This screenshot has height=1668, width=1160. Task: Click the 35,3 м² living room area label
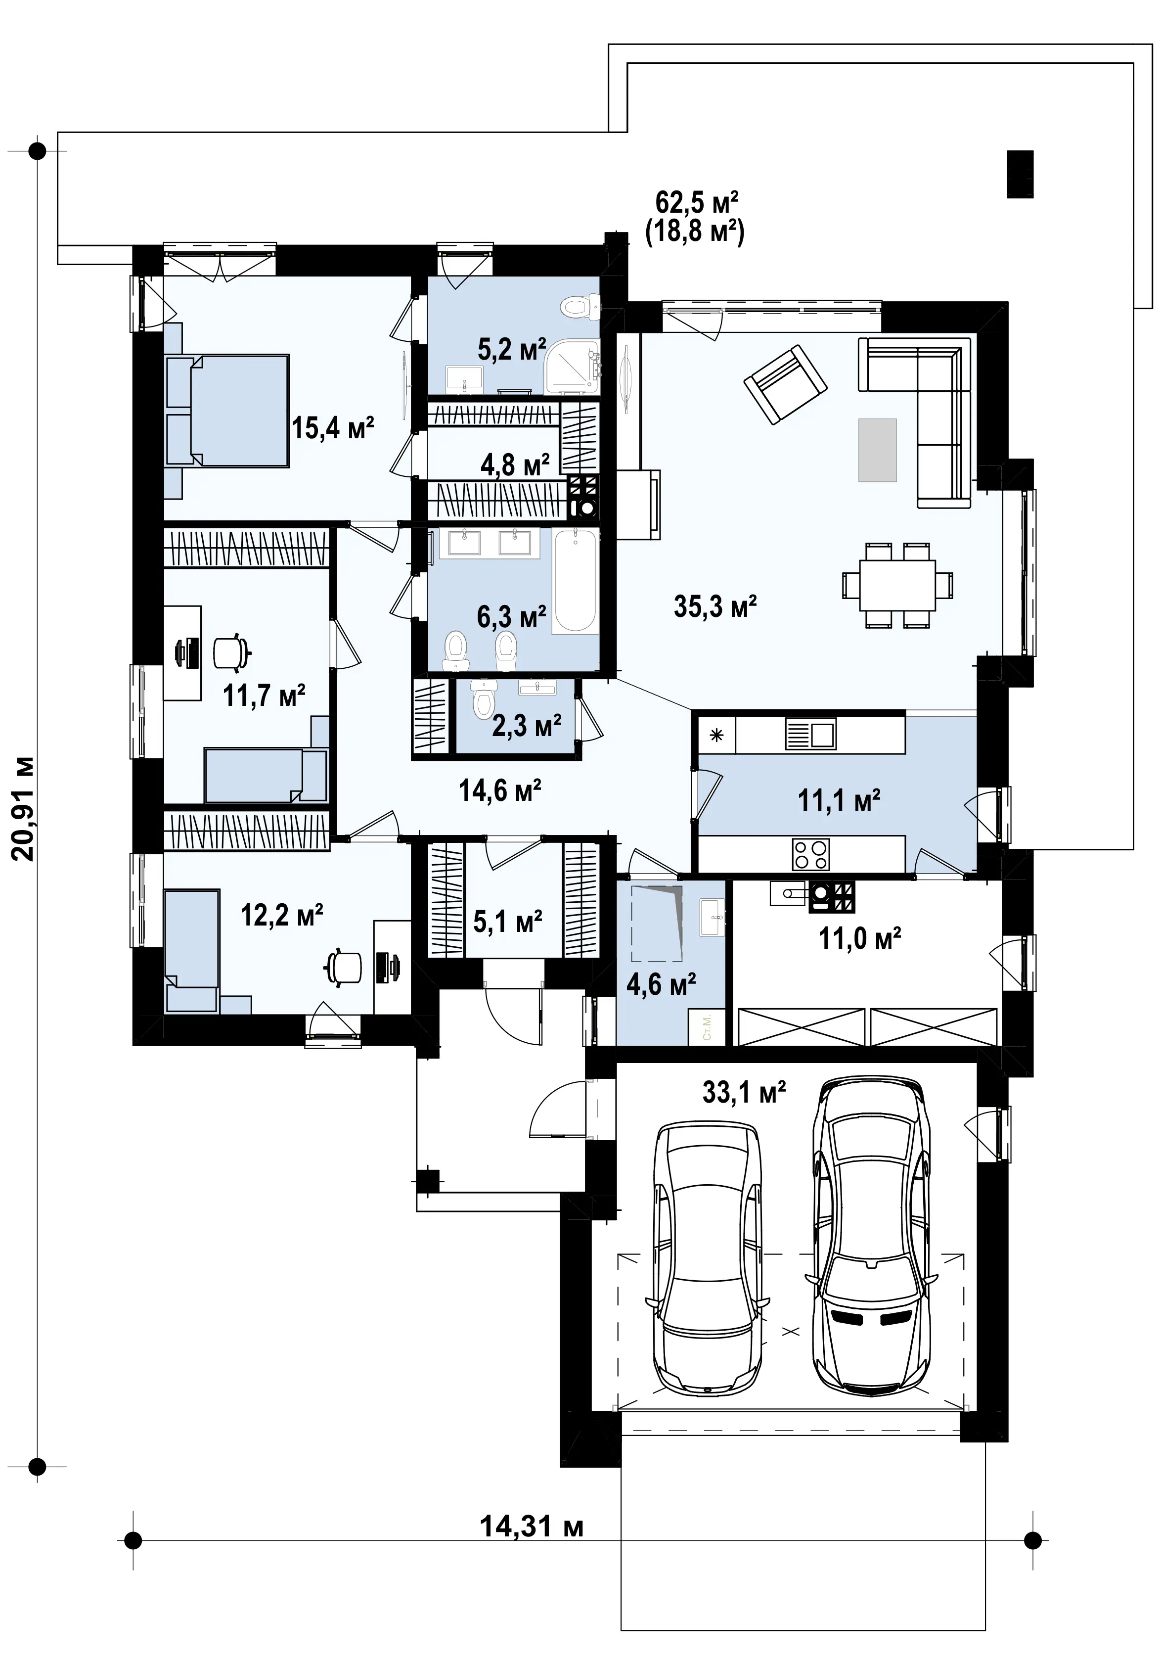point(715,606)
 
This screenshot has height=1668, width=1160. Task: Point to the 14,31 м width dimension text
point(532,1527)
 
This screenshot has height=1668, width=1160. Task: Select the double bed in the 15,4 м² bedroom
point(227,411)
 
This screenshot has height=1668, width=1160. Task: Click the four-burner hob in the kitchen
point(810,854)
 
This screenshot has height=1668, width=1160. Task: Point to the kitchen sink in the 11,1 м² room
point(810,734)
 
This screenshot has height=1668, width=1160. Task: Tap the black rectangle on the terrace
point(1020,174)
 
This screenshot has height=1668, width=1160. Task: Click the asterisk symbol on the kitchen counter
point(716,735)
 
